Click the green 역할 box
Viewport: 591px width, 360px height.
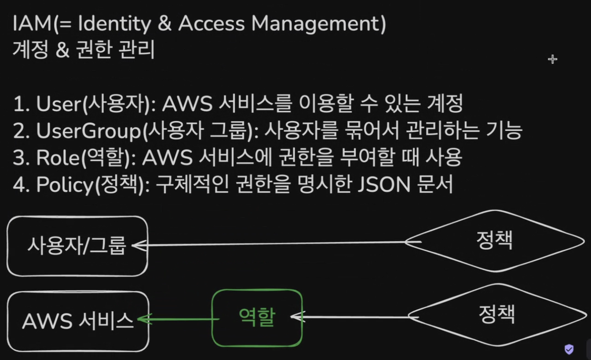(257, 317)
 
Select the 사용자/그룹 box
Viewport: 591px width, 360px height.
(77, 246)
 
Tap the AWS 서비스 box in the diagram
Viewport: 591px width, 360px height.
(78, 322)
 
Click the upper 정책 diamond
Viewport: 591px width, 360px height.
(494, 241)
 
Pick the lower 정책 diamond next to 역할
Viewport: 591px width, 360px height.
(497, 315)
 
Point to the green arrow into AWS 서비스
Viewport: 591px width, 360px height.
(178, 320)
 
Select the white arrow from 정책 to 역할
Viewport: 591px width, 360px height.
(352, 317)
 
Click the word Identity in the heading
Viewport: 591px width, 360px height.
(114, 25)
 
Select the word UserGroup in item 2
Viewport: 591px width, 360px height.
(88, 131)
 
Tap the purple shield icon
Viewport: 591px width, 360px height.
(569, 349)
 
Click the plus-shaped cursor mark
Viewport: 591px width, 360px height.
(553, 59)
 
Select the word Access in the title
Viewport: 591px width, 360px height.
(211, 25)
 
